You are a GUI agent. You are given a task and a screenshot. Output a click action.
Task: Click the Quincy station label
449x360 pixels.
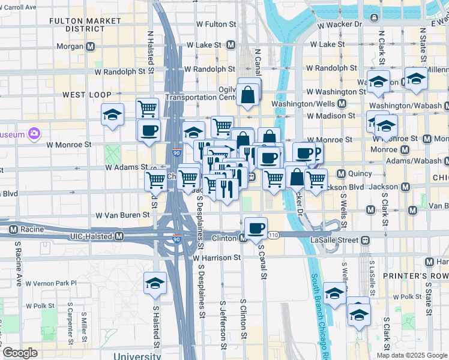pos(355,173)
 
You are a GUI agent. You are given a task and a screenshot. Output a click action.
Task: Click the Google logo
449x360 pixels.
pos(20,353)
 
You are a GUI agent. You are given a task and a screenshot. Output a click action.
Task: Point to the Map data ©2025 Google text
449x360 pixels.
pos(411,355)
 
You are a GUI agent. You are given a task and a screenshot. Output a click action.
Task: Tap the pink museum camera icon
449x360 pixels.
pos(35,133)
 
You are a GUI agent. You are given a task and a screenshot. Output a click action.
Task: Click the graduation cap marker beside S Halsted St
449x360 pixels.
pos(155,284)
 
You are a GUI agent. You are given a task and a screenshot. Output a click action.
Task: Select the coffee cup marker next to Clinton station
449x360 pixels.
pos(256,228)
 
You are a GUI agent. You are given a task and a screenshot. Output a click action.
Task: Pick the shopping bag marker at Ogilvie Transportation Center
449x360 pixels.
pos(248,94)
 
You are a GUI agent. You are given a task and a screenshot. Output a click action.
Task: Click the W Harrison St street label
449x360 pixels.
pos(217,257)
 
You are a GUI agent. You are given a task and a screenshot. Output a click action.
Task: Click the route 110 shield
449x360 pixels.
pos(274,234)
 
